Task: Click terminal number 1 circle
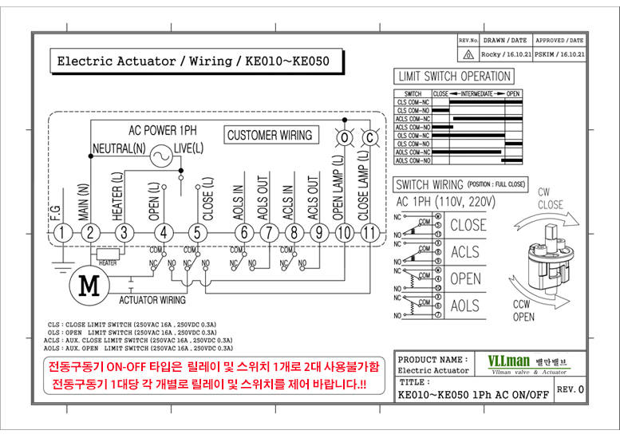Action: (x=61, y=233)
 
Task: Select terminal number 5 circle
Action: (x=196, y=233)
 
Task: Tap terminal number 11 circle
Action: (x=369, y=233)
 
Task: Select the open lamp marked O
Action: (x=345, y=137)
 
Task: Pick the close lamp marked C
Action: (x=369, y=137)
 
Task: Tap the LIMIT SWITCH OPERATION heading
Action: (x=454, y=77)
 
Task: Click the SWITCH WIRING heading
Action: (x=430, y=184)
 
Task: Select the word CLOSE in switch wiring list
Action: (x=468, y=225)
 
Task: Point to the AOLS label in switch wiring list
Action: (x=465, y=306)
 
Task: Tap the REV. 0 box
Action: (x=570, y=389)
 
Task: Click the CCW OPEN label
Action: (x=523, y=311)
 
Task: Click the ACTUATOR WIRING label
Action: (x=152, y=300)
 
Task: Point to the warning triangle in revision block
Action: (x=468, y=54)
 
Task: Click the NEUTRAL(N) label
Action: (x=119, y=148)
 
